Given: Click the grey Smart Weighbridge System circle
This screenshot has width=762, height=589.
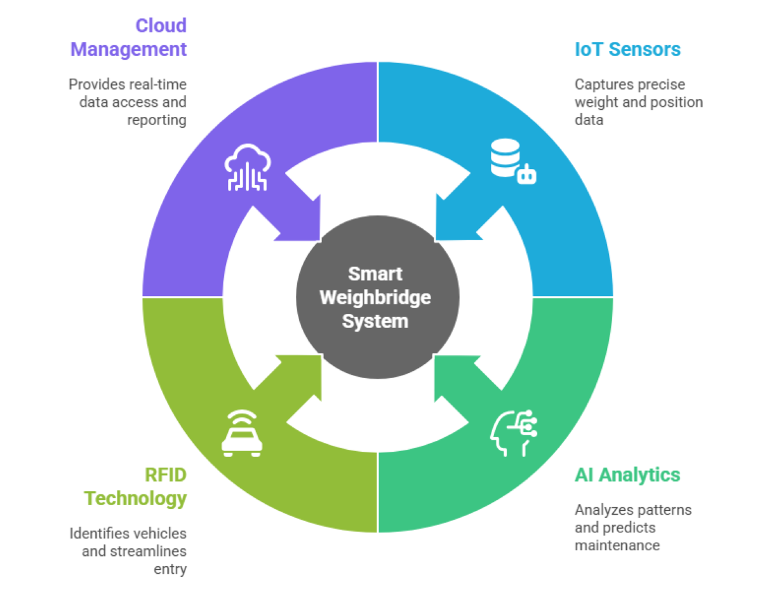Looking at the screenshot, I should pos(377,297).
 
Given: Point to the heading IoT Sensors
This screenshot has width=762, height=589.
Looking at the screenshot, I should pos(627,49).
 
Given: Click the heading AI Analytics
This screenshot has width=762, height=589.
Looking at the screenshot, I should pos(627,475).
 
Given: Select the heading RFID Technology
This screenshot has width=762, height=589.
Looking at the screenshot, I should pos(136,486).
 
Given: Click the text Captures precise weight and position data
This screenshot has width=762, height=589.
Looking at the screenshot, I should pos(638,102).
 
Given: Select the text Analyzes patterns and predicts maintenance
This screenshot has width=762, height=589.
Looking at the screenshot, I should pos(632,527).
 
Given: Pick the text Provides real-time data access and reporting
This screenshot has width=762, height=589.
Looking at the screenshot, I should pos(128,102).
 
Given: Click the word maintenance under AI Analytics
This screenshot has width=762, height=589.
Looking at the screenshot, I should pos(617,545).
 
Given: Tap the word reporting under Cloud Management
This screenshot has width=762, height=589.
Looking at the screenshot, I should pos(157,119).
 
